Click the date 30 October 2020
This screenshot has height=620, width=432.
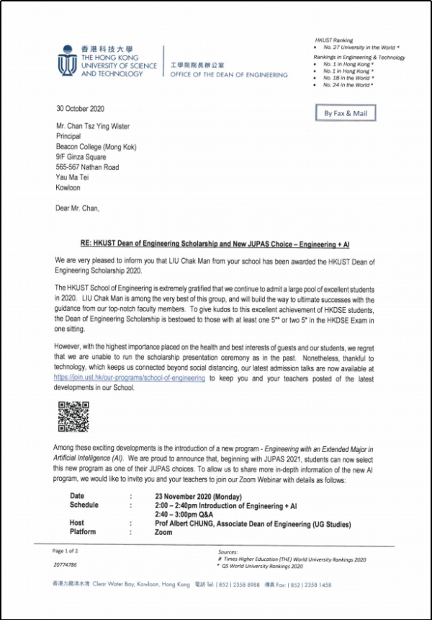[81, 109]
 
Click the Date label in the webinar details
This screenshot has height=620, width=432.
[77, 497]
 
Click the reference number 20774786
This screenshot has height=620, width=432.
[66, 565]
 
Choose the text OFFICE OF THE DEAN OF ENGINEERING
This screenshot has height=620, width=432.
[228, 75]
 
